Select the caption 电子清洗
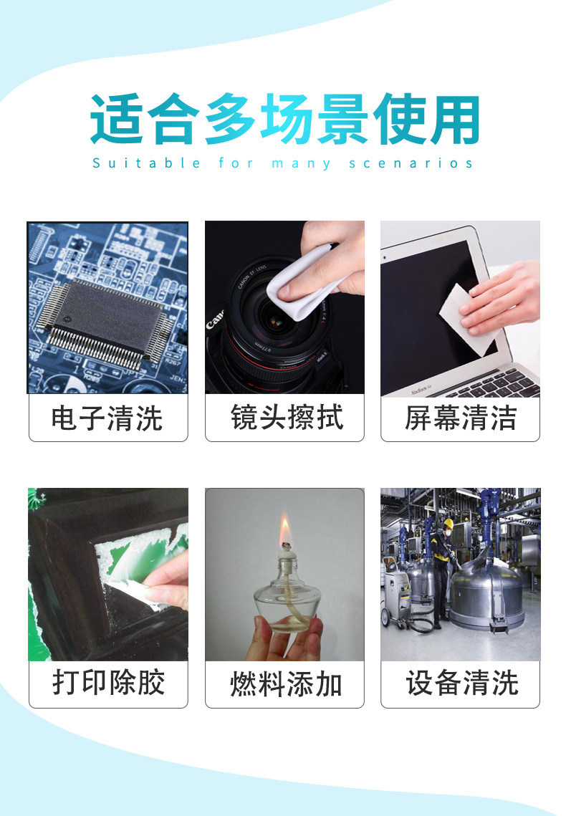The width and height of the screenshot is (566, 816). tap(107, 418)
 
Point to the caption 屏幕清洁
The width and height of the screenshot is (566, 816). tap(460, 418)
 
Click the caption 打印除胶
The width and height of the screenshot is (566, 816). tap(107, 683)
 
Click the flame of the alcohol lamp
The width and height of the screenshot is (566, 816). tap(284, 531)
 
